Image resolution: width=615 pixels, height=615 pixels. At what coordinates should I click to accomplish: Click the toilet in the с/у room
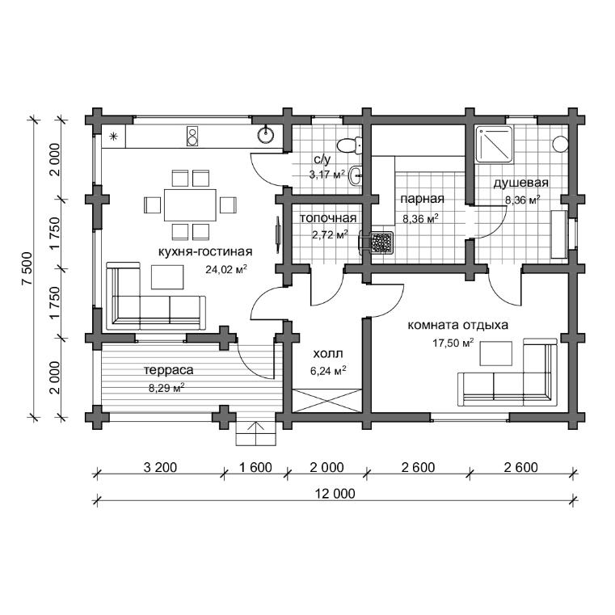(x=349, y=145)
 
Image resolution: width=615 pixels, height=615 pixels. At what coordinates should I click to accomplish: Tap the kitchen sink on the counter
(x=266, y=134)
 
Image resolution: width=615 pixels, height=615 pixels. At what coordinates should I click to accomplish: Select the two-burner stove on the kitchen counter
(x=192, y=136)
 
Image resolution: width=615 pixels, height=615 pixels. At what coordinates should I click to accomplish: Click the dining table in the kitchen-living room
(x=190, y=204)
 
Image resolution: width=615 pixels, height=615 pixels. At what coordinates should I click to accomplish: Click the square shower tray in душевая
(x=495, y=144)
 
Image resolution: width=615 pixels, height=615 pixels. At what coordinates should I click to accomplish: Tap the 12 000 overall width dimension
(x=335, y=493)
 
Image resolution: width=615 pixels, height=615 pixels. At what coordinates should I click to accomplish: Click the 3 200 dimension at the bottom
(x=160, y=467)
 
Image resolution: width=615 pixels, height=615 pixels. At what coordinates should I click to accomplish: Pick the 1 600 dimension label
(x=255, y=467)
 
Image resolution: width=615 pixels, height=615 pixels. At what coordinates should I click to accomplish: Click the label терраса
(x=169, y=370)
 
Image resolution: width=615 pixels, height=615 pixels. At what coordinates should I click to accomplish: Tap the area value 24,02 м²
(x=226, y=269)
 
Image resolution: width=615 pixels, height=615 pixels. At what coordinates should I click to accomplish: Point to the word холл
(x=328, y=354)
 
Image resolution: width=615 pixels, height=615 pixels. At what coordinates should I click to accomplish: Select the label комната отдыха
(x=458, y=325)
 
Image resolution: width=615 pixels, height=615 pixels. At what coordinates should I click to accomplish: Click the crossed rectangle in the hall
(x=327, y=401)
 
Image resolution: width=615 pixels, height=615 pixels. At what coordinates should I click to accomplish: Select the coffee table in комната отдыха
(x=496, y=353)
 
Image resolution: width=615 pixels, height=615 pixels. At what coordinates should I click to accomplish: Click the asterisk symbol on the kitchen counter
(x=113, y=137)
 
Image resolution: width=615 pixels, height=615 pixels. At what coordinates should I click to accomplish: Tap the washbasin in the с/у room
(x=356, y=175)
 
